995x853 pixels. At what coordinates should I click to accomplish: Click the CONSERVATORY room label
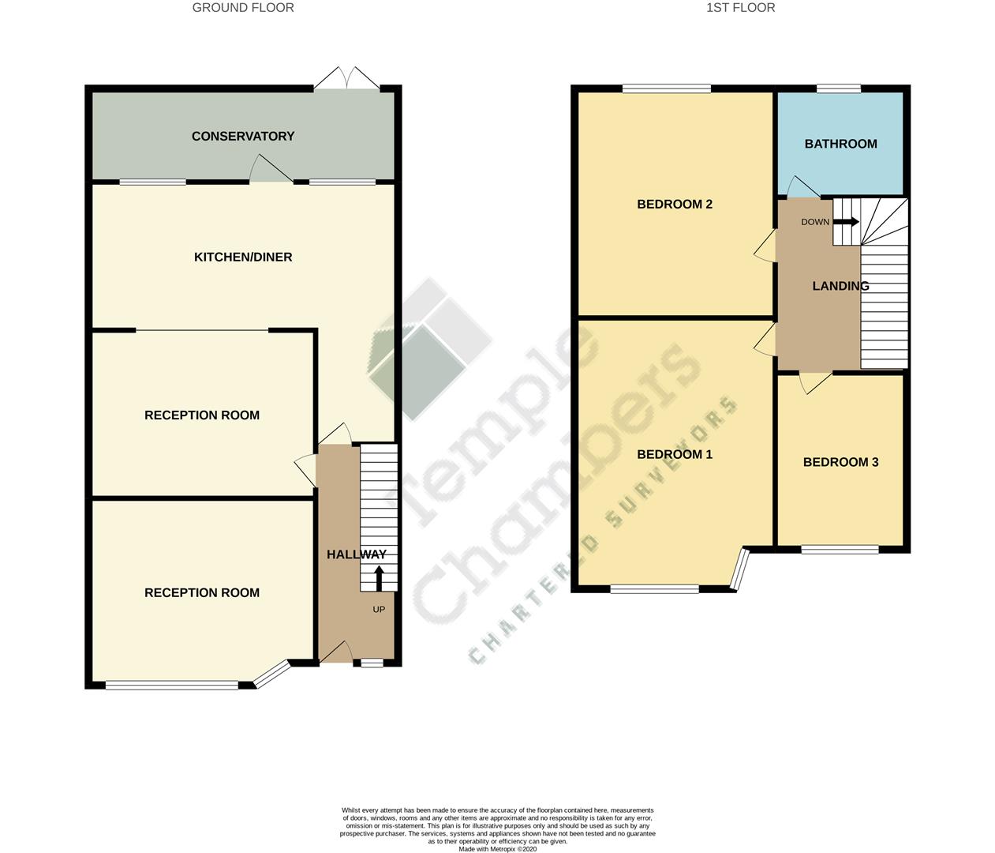click(242, 137)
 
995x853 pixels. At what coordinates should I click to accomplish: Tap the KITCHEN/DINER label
click(243, 257)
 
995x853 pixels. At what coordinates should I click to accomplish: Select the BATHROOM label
click(840, 144)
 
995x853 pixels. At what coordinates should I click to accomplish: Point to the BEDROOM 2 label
click(674, 205)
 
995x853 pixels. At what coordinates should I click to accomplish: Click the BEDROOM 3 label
click(840, 463)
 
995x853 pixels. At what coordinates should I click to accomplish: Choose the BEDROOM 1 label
click(674, 455)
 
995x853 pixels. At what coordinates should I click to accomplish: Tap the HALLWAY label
click(356, 555)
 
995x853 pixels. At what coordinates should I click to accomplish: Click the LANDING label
click(840, 287)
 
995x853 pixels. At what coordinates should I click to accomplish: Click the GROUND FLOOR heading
click(243, 8)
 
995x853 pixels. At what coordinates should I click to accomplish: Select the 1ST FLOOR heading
click(740, 8)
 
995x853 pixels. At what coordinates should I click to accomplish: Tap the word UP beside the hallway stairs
click(379, 610)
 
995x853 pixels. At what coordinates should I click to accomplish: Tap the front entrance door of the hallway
click(336, 652)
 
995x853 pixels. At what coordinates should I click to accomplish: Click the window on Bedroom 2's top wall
click(666, 88)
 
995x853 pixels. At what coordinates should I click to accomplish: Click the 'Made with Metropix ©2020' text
click(497, 849)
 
